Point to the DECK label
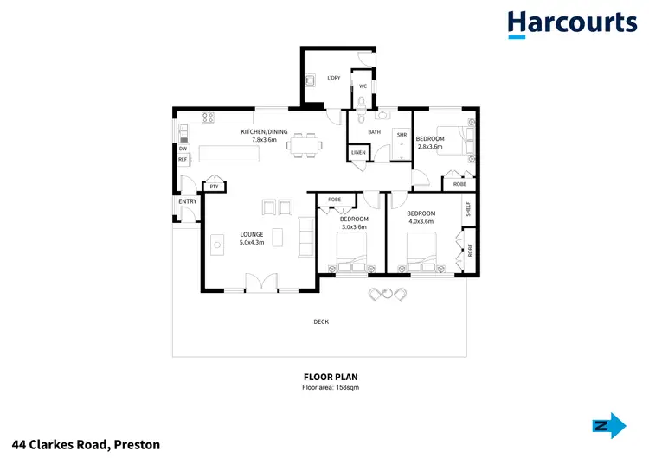tap(321, 322)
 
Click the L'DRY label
tap(333, 79)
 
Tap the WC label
tap(363, 86)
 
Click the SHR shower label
tap(402, 135)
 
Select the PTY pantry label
tap(214, 186)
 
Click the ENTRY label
tap(187, 201)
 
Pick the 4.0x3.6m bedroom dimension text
tap(421, 221)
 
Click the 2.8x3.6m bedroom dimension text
tap(430, 147)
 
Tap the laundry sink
tap(310, 82)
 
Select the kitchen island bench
tap(230, 154)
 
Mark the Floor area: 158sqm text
tap(330, 388)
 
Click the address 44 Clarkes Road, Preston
tap(80, 445)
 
